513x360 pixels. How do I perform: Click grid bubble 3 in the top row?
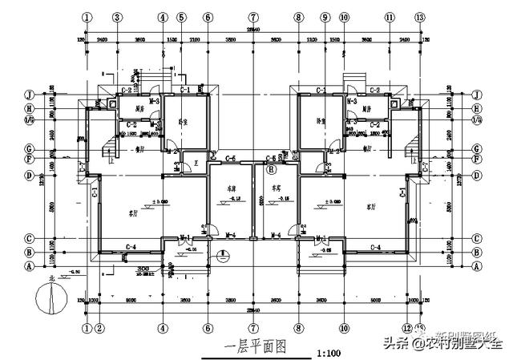(117, 17)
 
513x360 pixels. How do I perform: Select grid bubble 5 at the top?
(182, 17)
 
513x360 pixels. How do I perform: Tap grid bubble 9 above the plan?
(325, 17)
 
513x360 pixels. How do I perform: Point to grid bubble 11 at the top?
(390, 17)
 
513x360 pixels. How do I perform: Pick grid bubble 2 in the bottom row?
(99, 327)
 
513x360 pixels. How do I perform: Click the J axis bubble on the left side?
(28, 94)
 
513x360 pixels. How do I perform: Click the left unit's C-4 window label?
(131, 246)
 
